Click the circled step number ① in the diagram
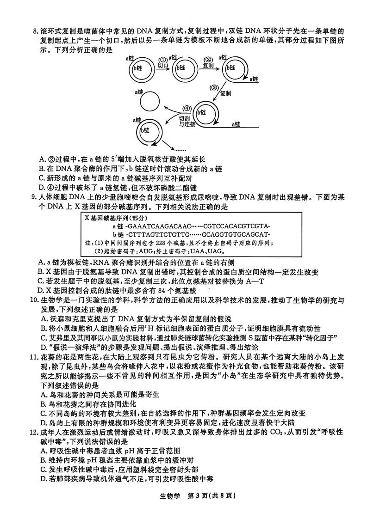[163, 60]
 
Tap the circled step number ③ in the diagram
[214, 88]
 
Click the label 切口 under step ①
[163, 66]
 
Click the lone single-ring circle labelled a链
[149, 101]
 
